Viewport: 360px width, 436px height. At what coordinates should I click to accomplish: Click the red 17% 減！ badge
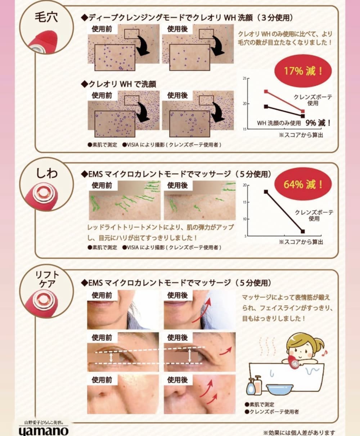coord(303,71)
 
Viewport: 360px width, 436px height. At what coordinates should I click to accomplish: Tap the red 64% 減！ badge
coord(303,184)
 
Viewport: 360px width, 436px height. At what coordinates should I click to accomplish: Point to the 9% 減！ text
coord(318,123)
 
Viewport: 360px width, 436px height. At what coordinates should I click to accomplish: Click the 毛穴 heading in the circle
coord(46,17)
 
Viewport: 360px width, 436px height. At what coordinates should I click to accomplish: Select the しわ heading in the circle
coord(47,173)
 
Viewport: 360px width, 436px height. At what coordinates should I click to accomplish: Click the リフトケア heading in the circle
coord(46,279)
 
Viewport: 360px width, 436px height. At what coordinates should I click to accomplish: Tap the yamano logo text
coord(44,431)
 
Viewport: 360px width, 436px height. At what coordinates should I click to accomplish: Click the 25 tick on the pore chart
coord(244,78)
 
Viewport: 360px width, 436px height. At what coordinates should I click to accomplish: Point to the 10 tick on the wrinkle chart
coord(244,219)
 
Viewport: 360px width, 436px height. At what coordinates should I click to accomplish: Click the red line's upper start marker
coord(266,91)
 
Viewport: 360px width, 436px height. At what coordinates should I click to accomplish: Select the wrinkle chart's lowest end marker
coord(303,232)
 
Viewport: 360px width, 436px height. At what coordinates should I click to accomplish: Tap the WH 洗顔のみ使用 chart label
coord(279,123)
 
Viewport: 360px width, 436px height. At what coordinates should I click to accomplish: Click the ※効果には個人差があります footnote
coord(299,432)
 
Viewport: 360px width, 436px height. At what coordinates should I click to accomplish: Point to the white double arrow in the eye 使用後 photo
coord(189,356)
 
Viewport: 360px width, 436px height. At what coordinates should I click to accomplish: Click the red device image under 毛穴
coord(42,41)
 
